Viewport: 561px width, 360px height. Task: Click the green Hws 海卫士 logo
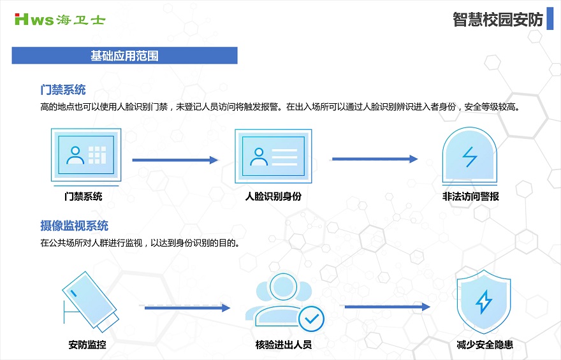tap(60, 19)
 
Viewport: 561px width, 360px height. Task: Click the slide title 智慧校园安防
tap(498, 19)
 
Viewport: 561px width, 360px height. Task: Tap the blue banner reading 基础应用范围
tap(124, 55)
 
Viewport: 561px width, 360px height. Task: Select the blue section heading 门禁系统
tap(63, 89)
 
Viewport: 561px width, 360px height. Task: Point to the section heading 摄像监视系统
tap(74, 226)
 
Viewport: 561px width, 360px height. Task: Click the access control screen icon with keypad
tap(86, 155)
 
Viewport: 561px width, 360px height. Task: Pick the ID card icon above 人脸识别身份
tap(273, 156)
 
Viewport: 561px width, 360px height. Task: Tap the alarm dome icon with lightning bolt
tap(470, 155)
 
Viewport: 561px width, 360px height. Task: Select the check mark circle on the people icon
tap(311, 319)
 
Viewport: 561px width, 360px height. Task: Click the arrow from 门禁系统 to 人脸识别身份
tap(175, 160)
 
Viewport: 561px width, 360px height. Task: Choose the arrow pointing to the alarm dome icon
tap(375, 159)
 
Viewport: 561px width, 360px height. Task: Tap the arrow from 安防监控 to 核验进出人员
tap(187, 308)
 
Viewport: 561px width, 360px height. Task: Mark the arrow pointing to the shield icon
tap(387, 306)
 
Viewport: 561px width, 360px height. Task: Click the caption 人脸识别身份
tap(273, 196)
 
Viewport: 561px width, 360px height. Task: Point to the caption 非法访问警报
tap(470, 196)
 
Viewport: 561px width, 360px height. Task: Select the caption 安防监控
tap(87, 345)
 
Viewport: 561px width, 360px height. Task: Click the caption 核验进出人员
tap(283, 345)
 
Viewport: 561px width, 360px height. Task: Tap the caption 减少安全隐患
tap(484, 345)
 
